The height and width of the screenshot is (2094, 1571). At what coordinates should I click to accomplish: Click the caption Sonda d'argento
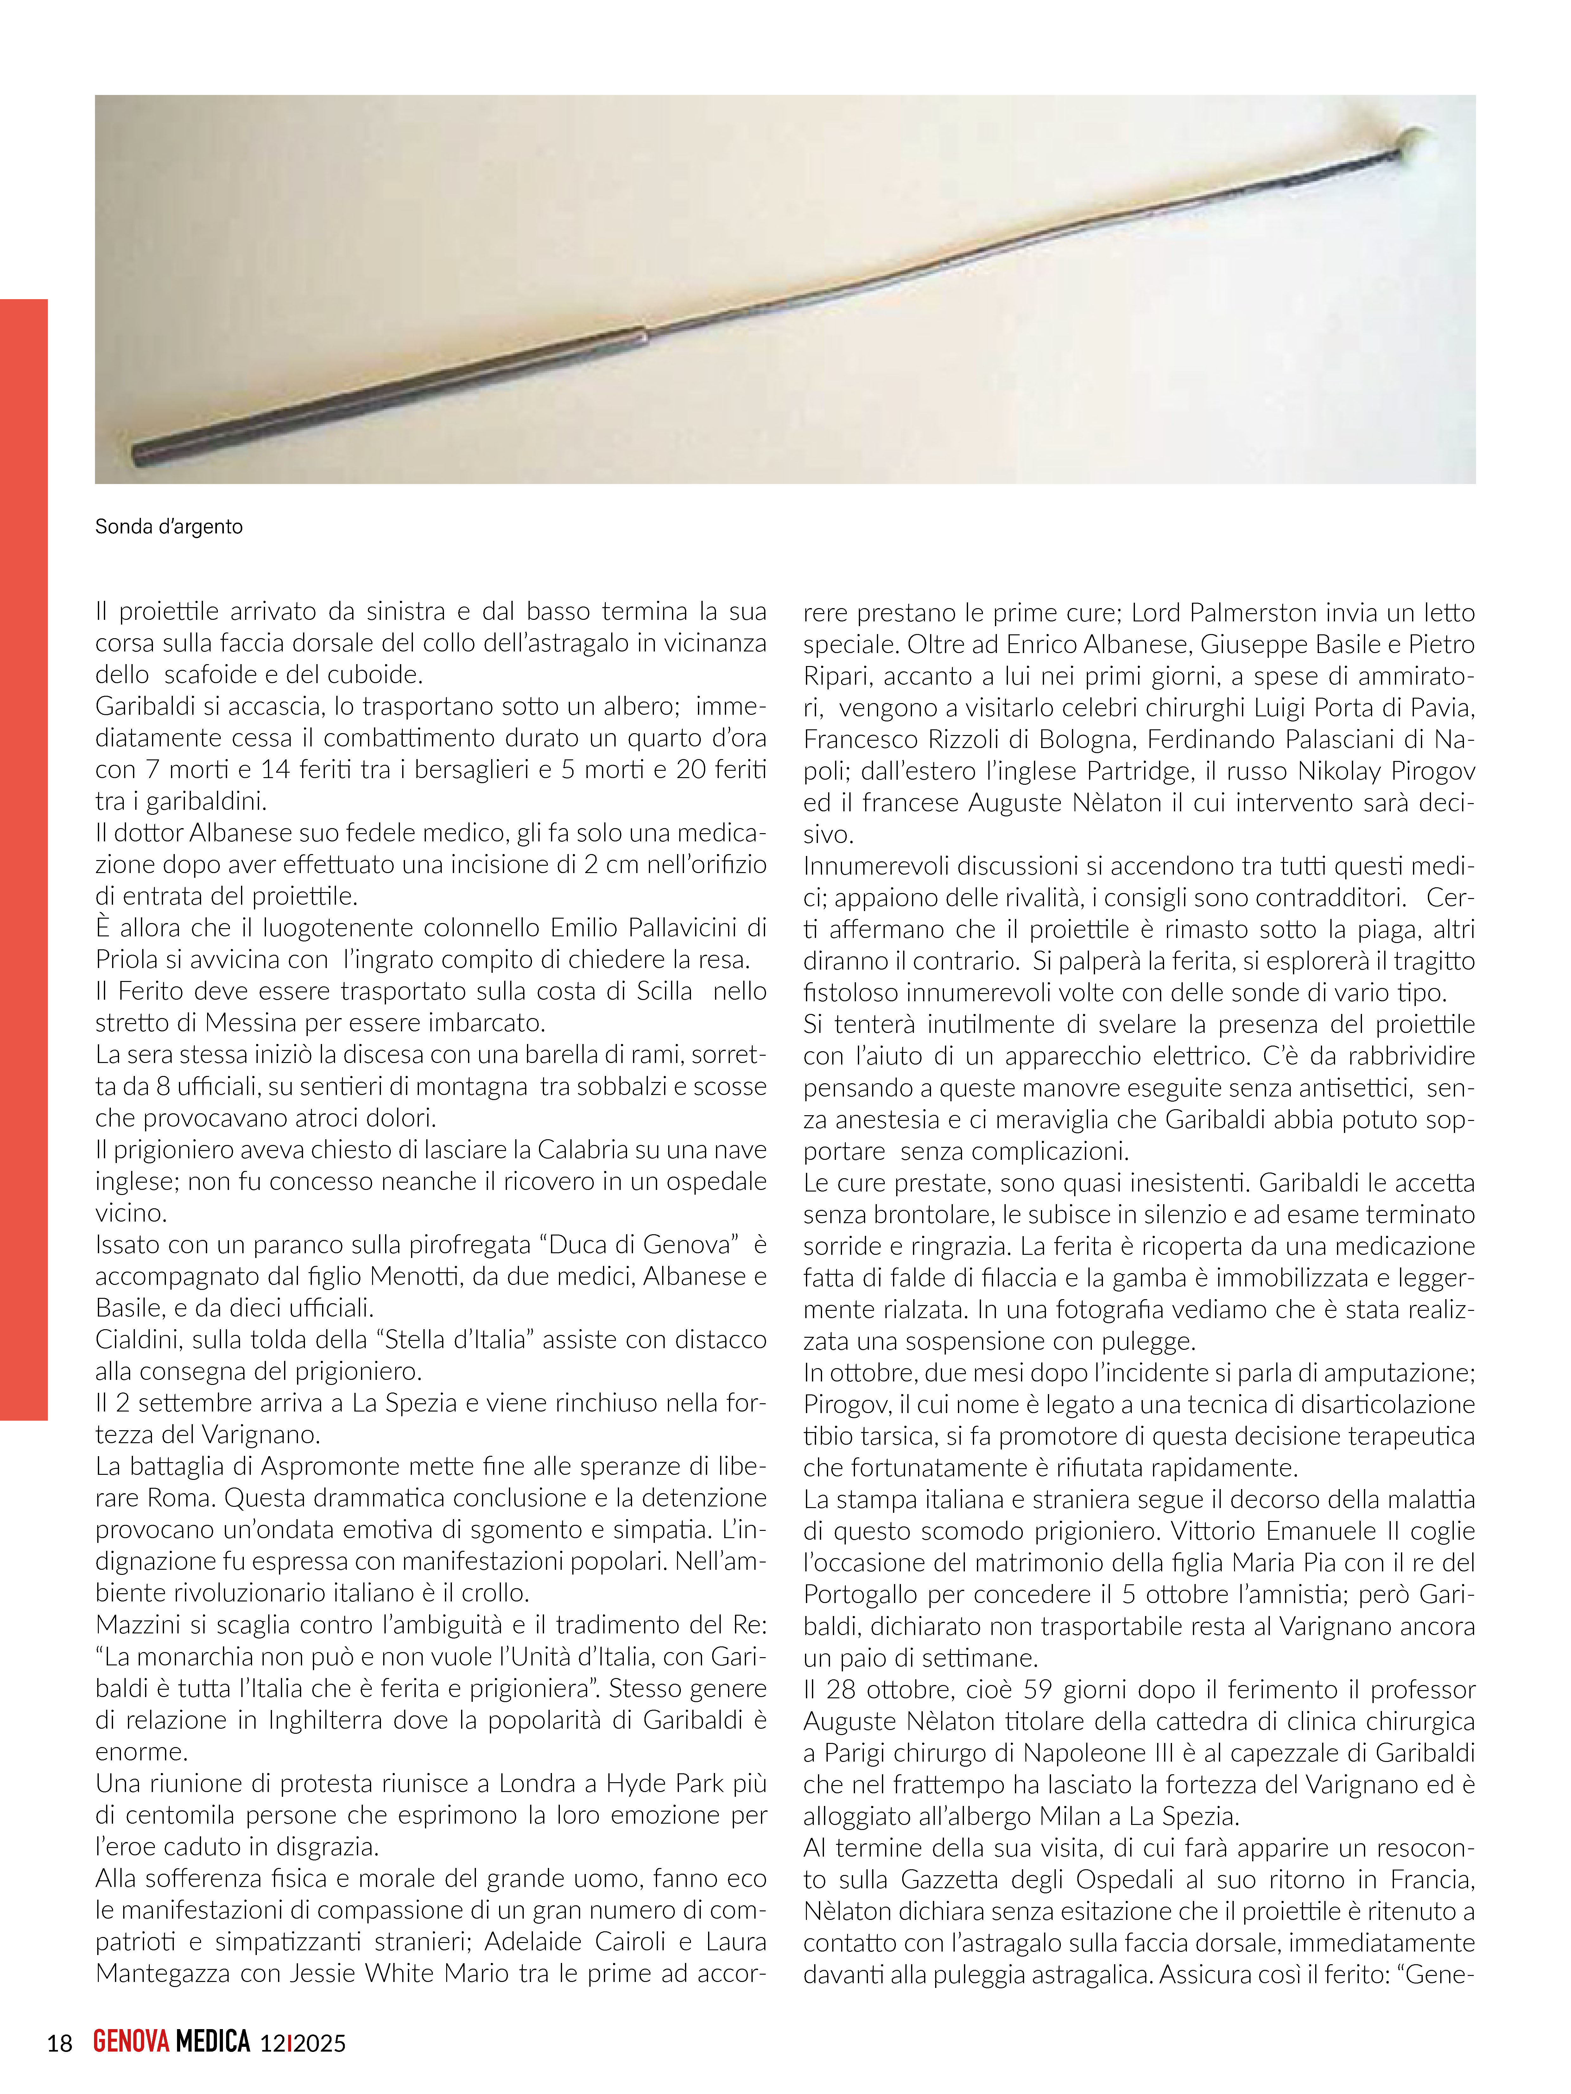pos(168,526)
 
